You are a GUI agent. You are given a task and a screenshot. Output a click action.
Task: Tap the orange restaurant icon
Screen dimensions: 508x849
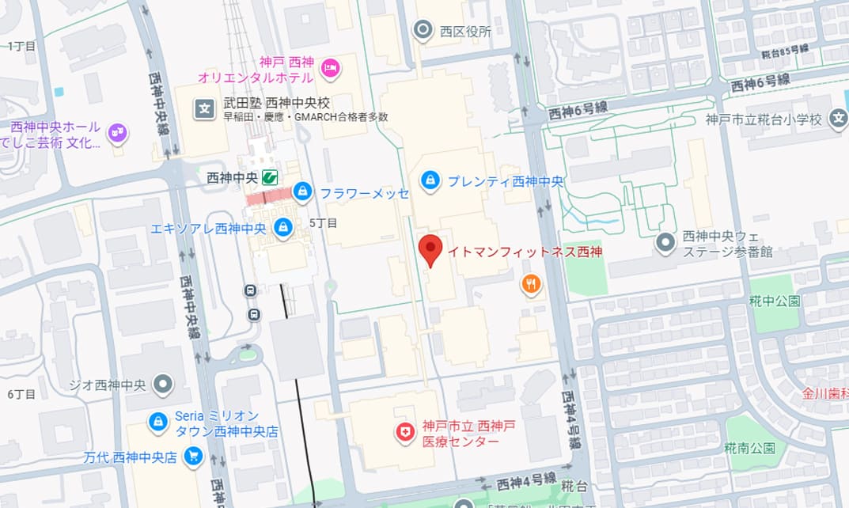click(x=531, y=284)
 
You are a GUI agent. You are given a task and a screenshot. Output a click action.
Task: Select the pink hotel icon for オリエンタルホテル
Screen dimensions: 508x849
click(x=330, y=70)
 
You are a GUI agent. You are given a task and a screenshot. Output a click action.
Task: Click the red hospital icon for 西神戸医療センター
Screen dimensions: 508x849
click(x=405, y=432)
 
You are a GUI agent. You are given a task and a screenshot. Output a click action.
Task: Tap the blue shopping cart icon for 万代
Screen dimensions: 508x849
click(x=192, y=457)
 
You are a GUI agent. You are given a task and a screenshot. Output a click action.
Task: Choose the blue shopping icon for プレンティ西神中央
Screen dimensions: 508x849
click(x=430, y=180)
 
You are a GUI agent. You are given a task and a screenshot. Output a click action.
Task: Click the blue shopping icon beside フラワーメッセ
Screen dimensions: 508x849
click(x=302, y=191)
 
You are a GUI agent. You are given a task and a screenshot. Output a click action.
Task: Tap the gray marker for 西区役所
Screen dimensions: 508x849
click(x=423, y=31)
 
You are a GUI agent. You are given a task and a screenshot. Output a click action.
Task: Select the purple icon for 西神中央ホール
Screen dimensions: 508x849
click(x=117, y=134)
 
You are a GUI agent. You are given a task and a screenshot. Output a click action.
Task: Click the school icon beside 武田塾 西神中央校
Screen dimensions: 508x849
click(x=204, y=109)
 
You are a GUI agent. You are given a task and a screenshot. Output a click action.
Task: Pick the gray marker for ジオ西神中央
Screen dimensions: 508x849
click(x=164, y=385)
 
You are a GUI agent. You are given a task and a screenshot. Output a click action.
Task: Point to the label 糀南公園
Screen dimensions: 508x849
click(x=749, y=449)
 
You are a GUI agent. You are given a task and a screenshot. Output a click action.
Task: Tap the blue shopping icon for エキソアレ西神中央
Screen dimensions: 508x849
click(x=282, y=229)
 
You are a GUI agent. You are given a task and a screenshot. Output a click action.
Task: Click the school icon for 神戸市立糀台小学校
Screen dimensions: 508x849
click(x=839, y=119)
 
